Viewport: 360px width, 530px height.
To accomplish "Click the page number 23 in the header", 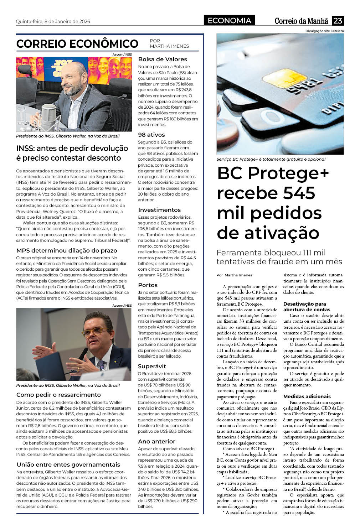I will pos(338,21).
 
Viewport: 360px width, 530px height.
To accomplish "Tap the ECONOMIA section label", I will pos(229,21).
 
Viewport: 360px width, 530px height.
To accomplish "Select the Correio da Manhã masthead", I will pos(301,21).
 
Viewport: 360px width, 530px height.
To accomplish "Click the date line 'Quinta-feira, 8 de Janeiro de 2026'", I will pos(53,21).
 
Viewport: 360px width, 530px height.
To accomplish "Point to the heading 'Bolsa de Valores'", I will pos(163,59).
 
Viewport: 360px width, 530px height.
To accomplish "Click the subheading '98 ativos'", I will pos(151,135).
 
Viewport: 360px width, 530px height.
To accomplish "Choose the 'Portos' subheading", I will pos(148,285).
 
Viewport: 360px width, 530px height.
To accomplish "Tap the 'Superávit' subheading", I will pos(152,366).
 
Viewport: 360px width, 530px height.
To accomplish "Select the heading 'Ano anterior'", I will pos(157,441).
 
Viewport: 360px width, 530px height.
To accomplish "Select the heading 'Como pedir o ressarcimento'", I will pos(58,395).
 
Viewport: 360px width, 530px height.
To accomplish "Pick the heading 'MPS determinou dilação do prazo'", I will pos(67,250).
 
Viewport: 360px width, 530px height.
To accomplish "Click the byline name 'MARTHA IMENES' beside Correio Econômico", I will pos(169,46).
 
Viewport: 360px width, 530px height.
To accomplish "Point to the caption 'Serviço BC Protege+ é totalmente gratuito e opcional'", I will pos(271,159).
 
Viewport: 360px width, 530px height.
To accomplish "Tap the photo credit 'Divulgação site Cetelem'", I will pos(324,31).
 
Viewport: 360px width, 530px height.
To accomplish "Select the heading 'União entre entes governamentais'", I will pos(68,464).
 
